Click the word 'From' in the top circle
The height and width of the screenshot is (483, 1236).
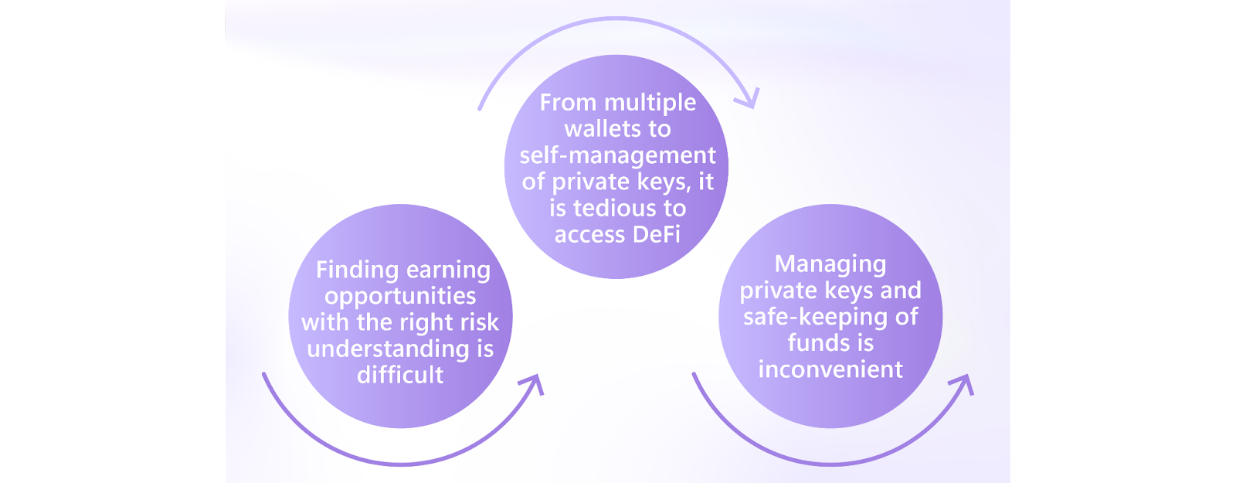(567, 103)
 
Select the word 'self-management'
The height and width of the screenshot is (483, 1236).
(617, 155)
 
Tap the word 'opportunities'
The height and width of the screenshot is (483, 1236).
(400, 296)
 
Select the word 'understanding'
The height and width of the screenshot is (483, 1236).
(388, 349)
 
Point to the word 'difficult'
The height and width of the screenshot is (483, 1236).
(400, 376)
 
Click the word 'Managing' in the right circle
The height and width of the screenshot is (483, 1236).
(830, 264)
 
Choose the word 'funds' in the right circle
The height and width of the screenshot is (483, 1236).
(819, 343)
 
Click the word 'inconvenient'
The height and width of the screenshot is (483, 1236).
(830, 369)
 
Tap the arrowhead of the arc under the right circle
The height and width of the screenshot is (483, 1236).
(965, 383)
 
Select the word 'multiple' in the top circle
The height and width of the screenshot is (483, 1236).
(650, 103)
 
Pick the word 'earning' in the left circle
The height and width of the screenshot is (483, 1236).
(448, 270)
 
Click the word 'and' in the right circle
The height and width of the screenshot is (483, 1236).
(901, 291)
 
